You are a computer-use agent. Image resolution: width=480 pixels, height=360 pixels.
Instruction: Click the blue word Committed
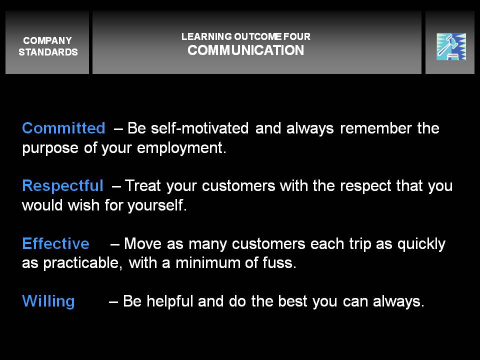pos(63,128)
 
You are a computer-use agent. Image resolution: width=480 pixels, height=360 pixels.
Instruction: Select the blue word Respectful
pos(63,186)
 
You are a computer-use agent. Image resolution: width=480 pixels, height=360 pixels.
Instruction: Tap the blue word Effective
pos(55,243)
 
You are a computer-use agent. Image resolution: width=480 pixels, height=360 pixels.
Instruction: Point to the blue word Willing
pos(48,301)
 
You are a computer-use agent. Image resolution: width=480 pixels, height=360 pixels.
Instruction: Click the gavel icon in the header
pos(451,46)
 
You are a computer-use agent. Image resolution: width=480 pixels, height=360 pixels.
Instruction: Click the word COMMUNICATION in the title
pos(246,50)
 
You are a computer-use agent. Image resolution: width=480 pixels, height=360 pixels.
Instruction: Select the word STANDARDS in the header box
pos(48,52)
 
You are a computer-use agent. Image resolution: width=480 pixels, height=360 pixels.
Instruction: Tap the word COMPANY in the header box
pos(47,40)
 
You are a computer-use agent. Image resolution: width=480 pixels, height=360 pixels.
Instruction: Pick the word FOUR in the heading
pos(296,36)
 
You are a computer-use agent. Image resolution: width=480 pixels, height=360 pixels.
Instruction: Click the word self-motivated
pos(199,128)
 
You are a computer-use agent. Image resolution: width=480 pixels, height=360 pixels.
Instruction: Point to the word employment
pos(181,148)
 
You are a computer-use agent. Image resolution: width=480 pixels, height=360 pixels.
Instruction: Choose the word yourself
pos(157,205)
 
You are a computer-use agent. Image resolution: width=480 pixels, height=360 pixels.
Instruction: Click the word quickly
pos(421,244)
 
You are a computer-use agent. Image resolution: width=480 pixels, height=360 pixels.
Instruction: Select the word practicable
pos(82,263)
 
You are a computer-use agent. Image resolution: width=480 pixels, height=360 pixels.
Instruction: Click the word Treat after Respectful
pos(143,186)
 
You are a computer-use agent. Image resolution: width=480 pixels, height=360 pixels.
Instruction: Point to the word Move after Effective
pos(142,243)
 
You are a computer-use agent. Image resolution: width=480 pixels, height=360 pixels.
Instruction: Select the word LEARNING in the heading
pos(206,36)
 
